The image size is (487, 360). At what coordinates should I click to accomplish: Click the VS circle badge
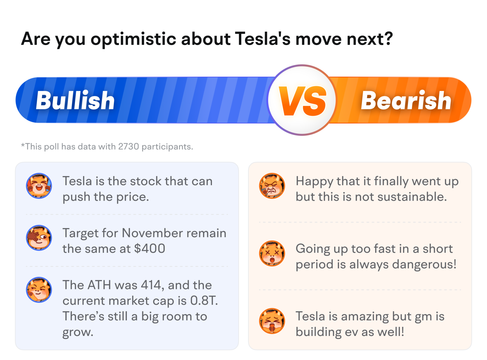302,100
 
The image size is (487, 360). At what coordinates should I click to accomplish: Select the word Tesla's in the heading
263,39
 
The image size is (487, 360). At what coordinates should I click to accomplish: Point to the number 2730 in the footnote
128,146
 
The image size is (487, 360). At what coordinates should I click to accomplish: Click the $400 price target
149,248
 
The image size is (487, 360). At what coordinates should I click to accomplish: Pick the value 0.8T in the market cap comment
204,300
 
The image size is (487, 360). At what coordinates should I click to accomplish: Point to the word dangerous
424,264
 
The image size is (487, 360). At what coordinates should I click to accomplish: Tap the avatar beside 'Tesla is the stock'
39,186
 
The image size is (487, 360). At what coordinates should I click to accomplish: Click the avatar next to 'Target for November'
39,238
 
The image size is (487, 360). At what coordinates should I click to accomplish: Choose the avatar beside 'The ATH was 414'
39,290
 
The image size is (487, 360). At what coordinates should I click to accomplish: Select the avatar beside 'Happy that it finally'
272,186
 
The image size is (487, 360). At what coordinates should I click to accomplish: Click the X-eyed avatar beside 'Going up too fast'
272,253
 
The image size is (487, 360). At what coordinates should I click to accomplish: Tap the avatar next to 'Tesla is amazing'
272,321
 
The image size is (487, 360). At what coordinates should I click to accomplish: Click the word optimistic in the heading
133,39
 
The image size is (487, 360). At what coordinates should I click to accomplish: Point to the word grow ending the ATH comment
78,332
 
